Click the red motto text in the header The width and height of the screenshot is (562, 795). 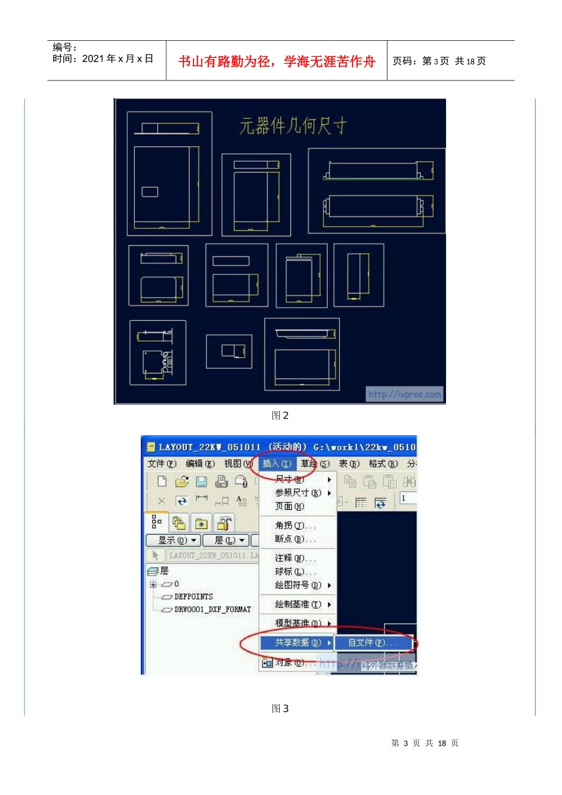pos(276,62)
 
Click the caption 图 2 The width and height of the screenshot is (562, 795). pos(280,416)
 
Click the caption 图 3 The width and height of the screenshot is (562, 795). pos(280,709)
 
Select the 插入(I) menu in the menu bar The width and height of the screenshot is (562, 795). pos(277,464)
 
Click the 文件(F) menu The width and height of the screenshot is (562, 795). pos(162,464)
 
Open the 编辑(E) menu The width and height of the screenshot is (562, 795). pos(200,464)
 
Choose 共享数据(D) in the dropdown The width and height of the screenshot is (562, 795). pos(298,642)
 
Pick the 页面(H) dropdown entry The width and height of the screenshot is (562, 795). pos(289,506)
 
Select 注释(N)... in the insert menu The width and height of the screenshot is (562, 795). pos(295,558)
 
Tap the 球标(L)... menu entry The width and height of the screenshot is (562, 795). pos(295,572)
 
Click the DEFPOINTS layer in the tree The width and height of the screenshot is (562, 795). pos(193,597)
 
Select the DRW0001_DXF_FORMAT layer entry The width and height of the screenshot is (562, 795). pos(212,609)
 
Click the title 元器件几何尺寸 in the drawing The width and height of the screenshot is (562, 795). pos(293,126)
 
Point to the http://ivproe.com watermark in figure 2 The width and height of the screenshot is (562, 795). pos(405,394)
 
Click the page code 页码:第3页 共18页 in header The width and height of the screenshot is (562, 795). pos(439,62)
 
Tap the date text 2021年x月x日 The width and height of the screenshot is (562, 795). pos(118,59)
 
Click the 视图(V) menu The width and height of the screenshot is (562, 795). pos(238,464)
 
